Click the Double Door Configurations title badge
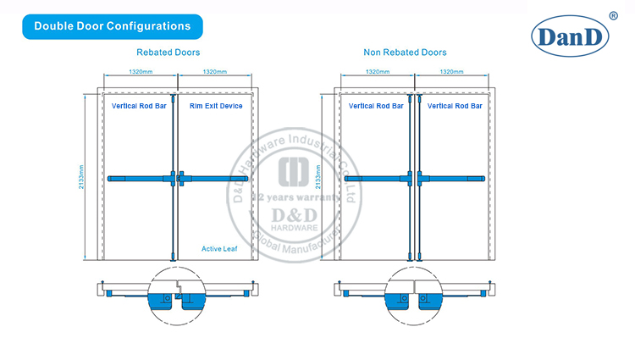click(x=112, y=25)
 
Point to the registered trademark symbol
click(x=612, y=14)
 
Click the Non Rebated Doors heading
click(x=405, y=53)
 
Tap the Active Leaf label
click(x=218, y=248)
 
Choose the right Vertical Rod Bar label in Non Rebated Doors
click(x=456, y=106)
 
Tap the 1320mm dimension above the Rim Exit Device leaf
click(x=216, y=72)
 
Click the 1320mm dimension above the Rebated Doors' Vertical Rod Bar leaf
click(x=140, y=72)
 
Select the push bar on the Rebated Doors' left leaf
click(x=141, y=178)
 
